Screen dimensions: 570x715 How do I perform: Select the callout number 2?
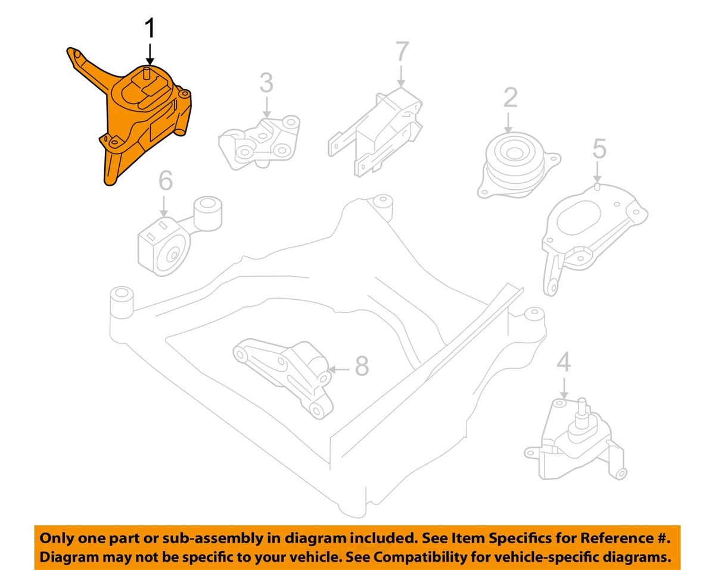(x=510, y=98)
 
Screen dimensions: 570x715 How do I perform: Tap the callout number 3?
(x=266, y=83)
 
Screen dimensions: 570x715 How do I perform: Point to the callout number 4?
(x=564, y=362)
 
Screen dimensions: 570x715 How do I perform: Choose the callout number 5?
(x=599, y=149)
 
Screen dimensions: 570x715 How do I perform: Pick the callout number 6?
(x=165, y=181)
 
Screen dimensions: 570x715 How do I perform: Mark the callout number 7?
(x=402, y=52)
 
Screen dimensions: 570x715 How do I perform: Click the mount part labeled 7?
(x=381, y=131)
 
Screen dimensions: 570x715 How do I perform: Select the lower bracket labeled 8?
(x=286, y=372)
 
